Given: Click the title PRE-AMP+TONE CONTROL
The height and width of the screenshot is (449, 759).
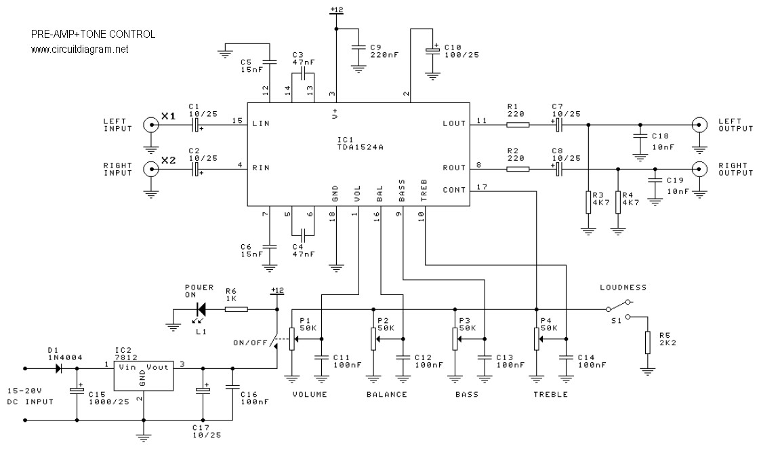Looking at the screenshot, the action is click(x=93, y=35).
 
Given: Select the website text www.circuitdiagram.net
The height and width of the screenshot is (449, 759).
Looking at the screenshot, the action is click(x=80, y=49).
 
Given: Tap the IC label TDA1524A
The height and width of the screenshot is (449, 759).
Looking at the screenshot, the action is click(x=360, y=147).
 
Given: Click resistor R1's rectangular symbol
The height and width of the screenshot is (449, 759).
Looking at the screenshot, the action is click(x=518, y=125).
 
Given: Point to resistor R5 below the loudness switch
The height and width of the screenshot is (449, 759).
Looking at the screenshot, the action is click(x=648, y=343).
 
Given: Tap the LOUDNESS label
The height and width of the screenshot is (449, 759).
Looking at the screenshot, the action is click(x=623, y=287).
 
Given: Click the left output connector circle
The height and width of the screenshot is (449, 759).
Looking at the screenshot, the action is click(x=699, y=125).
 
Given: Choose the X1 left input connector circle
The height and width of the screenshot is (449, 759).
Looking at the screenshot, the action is click(x=151, y=125).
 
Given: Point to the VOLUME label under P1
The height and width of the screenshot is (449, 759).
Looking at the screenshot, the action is click(x=310, y=394).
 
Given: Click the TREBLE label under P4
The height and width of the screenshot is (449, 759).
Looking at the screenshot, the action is click(x=550, y=394).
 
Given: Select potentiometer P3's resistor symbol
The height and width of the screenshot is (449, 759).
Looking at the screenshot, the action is click(x=455, y=339).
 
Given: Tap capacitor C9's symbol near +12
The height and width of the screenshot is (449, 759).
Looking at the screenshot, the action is click(x=358, y=47).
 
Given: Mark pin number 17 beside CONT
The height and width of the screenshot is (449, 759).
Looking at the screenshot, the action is click(x=482, y=187).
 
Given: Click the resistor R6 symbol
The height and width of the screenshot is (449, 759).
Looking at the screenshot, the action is click(x=237, y=309).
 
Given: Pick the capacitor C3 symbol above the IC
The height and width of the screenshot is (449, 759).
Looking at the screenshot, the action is click(x=303, y=74).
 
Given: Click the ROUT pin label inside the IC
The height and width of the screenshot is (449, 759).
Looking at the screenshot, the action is click(x=454, y=168).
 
